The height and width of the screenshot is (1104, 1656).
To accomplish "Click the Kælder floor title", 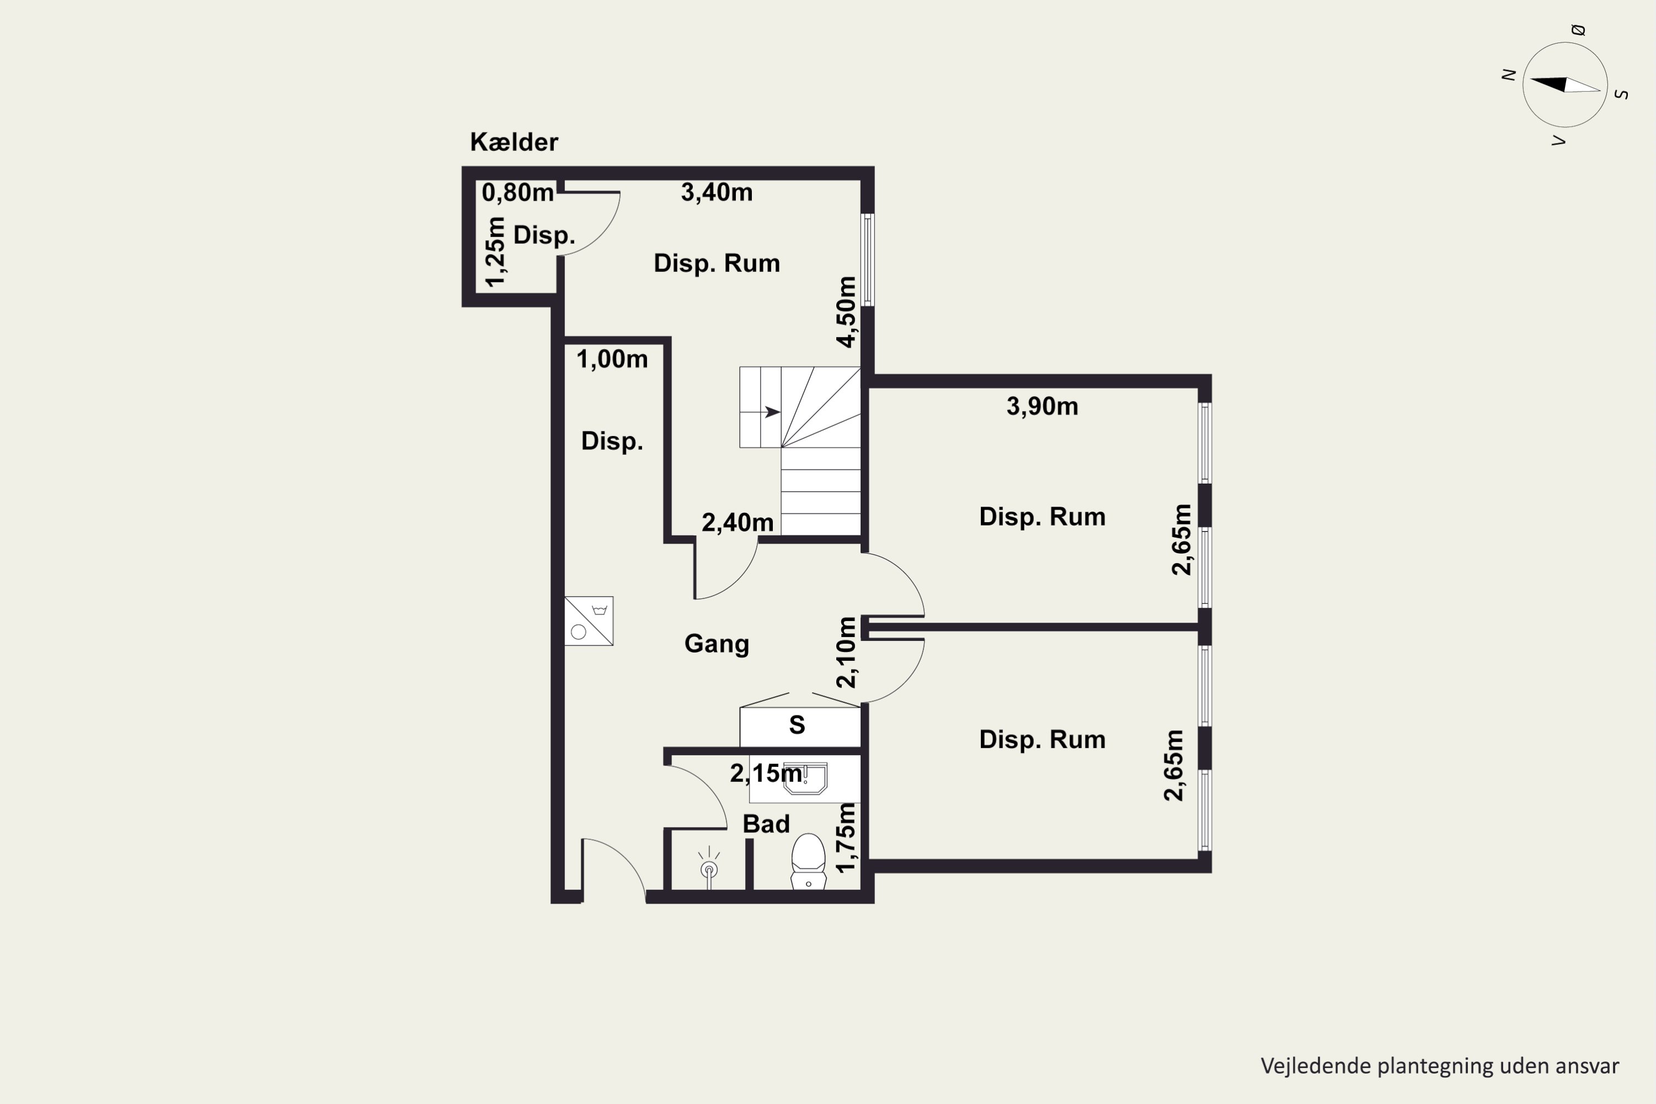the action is point(514,142).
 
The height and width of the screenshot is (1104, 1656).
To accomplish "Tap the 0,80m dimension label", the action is point(518,192).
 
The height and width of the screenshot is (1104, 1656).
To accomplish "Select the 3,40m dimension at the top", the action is point(716,192).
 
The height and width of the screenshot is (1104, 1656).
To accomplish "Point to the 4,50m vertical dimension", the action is point(846,312).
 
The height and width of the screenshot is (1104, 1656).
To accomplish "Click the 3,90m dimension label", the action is point(1042,406).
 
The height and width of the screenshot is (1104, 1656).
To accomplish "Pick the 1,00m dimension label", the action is point(612,359).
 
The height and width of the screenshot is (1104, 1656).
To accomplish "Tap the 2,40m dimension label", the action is point(737,522).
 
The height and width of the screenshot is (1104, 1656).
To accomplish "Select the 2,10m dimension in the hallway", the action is point(846,652).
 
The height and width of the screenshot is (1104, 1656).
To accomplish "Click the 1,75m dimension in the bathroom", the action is point(846,838).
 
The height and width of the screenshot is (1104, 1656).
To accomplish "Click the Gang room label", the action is point(716,644).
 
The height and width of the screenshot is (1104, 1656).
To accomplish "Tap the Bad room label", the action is point(766,824).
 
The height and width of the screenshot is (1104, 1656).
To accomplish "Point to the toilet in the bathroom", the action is point(808,861).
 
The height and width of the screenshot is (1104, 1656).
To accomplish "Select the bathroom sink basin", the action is point(805,779).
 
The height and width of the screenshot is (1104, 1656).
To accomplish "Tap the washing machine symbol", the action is point(588,621).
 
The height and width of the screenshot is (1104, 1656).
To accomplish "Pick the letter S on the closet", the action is point(797,725).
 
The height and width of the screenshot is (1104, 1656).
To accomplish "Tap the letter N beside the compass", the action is point(1508,75).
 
